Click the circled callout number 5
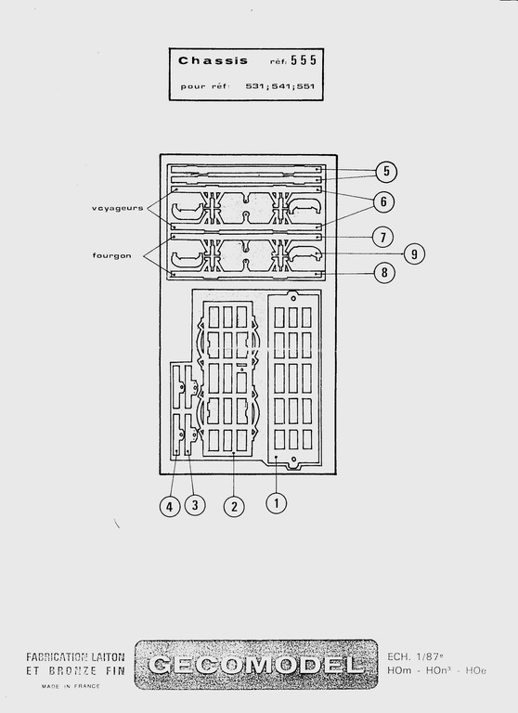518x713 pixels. tap(386, 172)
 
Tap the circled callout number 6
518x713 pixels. tap(383, 201)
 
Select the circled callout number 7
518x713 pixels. tap(382, 237)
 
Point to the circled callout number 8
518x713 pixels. tap(384, 272)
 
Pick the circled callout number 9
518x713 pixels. tap(414, 253)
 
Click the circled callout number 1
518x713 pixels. tap(277, 503)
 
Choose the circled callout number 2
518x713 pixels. tap(234, 506)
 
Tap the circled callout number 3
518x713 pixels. tap(195, 505)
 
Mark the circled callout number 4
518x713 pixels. tap(170, 506)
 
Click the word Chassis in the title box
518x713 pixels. tap(213, 60)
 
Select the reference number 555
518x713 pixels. tap(304, 60)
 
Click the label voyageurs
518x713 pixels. tap(117, 208)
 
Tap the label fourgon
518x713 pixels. tap(112, 255)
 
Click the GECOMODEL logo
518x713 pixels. tap(256, 665)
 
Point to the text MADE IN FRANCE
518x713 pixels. tap(71, 686)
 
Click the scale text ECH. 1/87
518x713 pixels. tap(415, 656)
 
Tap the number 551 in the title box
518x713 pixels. tap(305, 86)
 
